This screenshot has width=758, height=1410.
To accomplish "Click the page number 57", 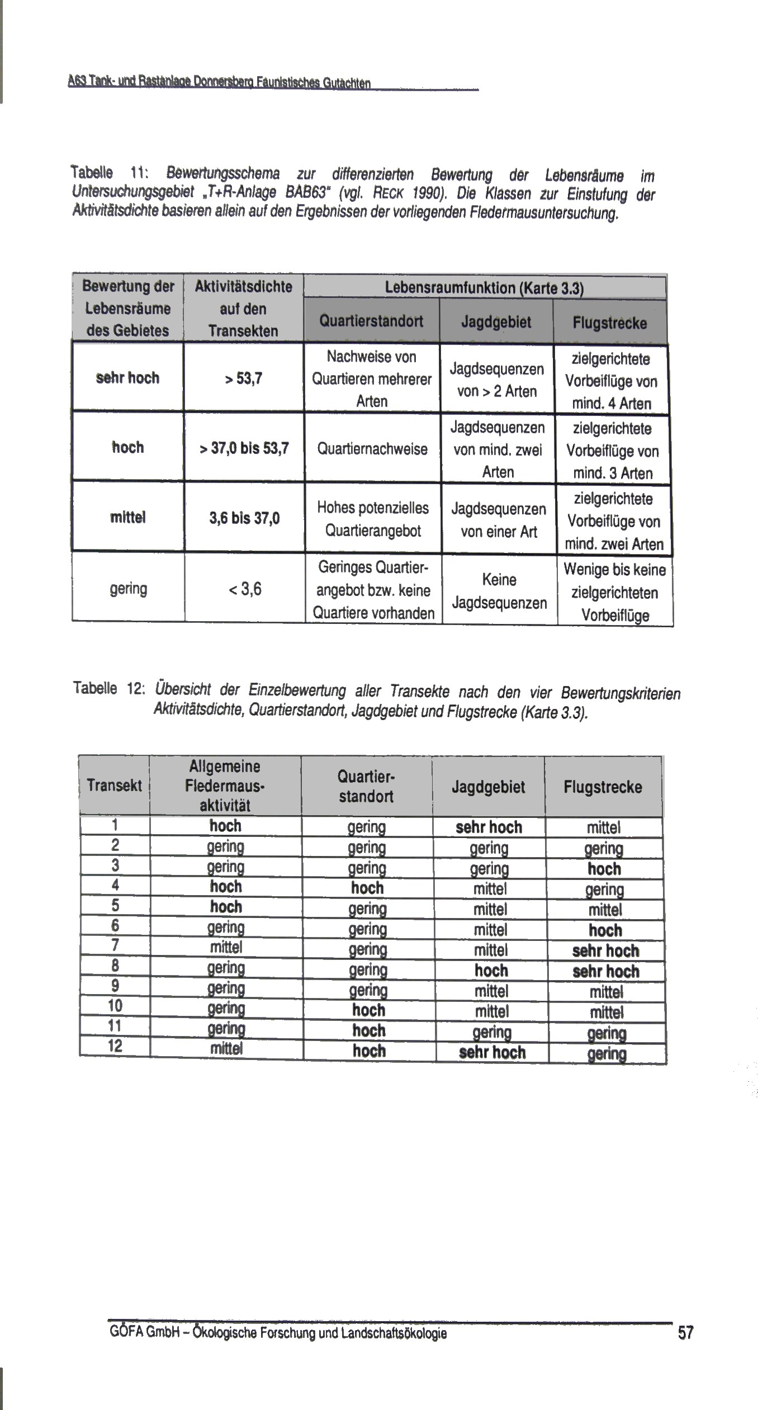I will (x=685, y=1332).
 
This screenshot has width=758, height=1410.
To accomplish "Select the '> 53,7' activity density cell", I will (x=244, y=379).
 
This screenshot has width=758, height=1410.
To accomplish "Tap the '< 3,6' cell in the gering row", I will (x=245, y=589).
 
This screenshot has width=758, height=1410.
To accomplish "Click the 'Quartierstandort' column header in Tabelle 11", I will (x=371, y=321).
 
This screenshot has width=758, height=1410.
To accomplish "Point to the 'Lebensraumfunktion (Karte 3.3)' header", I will (x=484, y=288).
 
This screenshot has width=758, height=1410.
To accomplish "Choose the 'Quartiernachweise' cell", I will (x=372, y=449).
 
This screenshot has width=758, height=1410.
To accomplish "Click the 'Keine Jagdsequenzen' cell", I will (x=499, y=591).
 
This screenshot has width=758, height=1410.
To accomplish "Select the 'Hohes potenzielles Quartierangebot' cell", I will (x=373, y=519).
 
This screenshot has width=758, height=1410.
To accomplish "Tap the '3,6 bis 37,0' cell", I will (x=244, y=518).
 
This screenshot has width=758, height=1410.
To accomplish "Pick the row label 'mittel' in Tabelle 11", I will (x=128, y=517).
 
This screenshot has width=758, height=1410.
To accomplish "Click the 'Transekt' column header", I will (x=114, y=786).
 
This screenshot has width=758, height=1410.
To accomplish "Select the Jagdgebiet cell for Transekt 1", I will (x=489, y=827).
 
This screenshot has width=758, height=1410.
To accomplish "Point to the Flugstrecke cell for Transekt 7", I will (x=605, y=950).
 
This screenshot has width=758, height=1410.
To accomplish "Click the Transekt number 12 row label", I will (x=115, y=1046).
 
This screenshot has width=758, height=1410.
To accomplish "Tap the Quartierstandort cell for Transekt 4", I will (x=367, y=888).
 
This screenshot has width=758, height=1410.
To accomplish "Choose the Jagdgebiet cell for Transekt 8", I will (x=491, y=971).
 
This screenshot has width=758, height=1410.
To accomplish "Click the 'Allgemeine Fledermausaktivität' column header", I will (x=225, y=786).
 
